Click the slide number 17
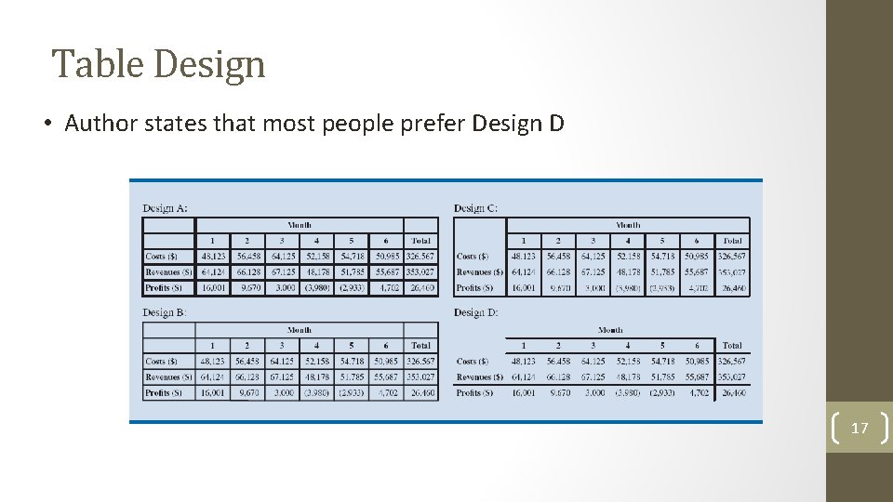coord(860,428)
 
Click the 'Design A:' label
coord(165,207)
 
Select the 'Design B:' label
coord(165,312)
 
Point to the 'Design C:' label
coord(475,207)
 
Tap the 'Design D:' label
coord(475,312)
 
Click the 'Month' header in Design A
coord(300,225)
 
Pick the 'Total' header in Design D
coord(732,346)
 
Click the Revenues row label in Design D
coord(480,377)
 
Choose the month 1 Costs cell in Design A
coord(212,257)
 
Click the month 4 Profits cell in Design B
coord(316,393)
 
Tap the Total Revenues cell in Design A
coord(420,272)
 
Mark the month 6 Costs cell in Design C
coord(697,257)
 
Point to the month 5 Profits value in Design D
coord(661,393)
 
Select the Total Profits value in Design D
coord(732,393)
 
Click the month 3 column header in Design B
coord(282,346)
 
